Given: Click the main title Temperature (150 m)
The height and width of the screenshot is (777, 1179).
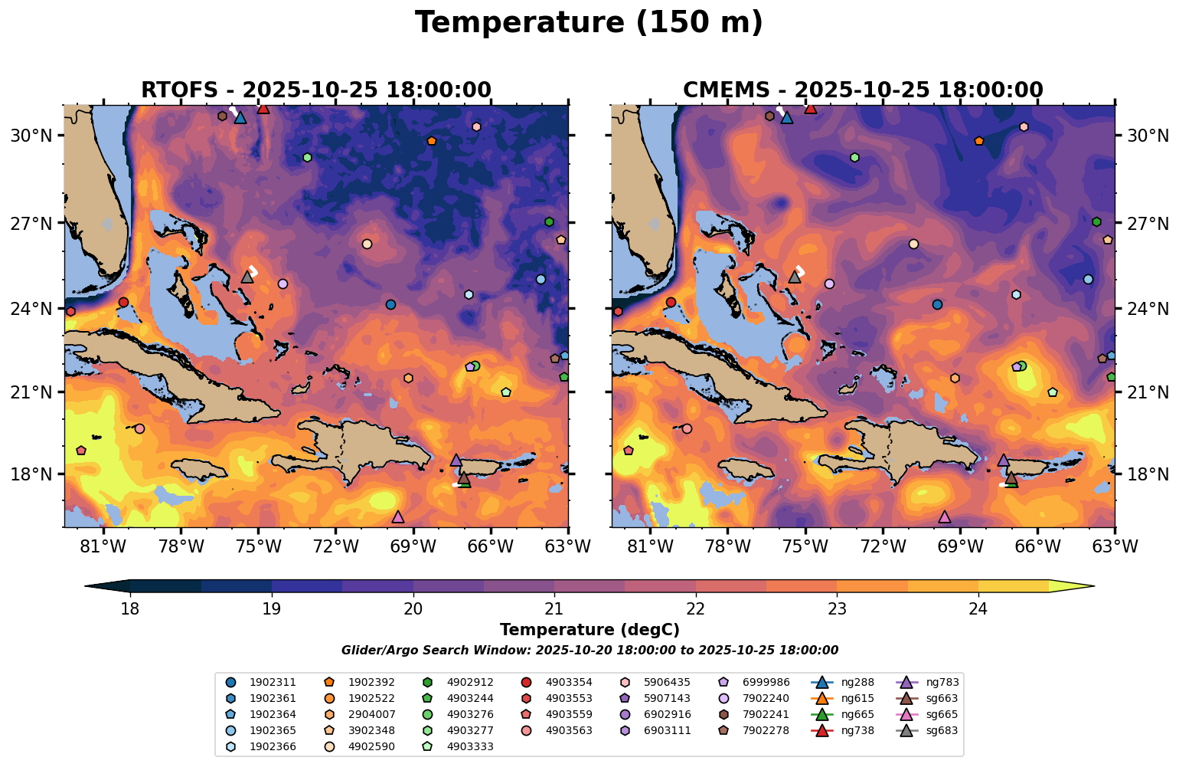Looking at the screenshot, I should (x=589, y=23).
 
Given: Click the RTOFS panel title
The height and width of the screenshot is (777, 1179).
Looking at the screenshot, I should (x=315, y=90).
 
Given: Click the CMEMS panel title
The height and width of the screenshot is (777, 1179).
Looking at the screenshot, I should (x=863, y=90).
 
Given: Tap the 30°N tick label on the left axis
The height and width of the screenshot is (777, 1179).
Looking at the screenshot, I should (x=31, y=136).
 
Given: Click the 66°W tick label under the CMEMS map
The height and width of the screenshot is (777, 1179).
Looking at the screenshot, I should (x=1037, y=547).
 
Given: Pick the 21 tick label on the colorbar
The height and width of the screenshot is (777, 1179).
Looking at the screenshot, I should (x=554, y=610).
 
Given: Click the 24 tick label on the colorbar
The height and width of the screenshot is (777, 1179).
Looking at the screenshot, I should (x=978, y=610).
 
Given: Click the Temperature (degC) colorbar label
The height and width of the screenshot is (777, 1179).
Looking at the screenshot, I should (x=589, y=630).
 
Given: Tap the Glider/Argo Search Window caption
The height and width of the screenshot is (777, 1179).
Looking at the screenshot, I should (x=589, y=651).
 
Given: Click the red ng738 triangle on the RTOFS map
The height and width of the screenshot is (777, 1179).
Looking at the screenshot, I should (x=263, y=108).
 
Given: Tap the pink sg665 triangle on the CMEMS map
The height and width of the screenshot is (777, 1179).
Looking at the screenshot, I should (x=945, y=517).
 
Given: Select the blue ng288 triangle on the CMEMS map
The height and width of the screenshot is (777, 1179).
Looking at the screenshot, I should (x=787, y=117).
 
